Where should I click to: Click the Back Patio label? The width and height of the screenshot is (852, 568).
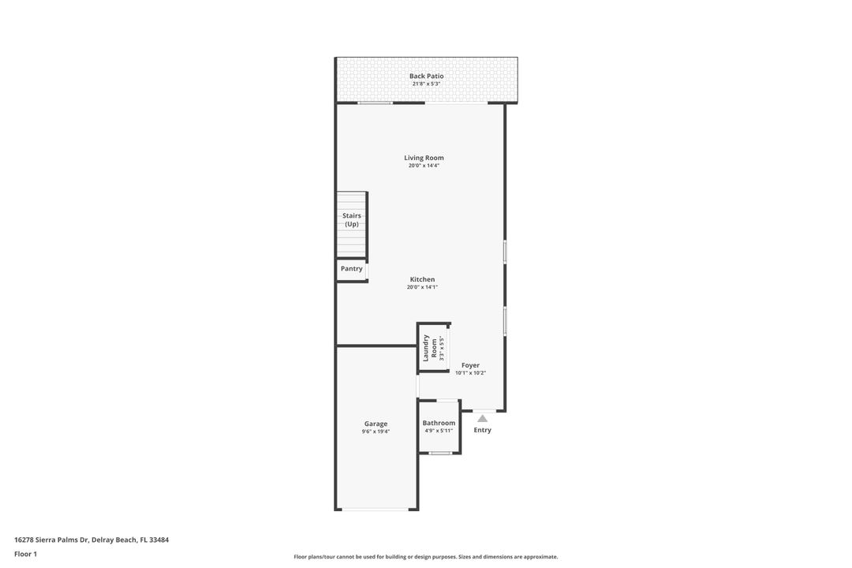click(426, 76)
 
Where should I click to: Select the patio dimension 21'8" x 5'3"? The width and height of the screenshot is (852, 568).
click(426, 84)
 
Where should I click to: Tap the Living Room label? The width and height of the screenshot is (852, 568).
click(424, 158)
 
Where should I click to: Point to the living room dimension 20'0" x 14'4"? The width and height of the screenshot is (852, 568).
click(424, 166)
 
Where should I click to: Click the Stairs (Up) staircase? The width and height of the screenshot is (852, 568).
click(351, 224)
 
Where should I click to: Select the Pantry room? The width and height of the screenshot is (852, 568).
click(351, 269)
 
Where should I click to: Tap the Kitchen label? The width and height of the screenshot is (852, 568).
click(422, 279)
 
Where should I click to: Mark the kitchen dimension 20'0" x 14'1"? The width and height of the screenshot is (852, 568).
click(422, 287)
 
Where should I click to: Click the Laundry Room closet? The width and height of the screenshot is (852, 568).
click(433, 347)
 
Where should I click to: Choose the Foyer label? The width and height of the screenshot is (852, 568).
click(470, 365)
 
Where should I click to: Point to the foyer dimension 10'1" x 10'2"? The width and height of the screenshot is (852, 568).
click(470, 373)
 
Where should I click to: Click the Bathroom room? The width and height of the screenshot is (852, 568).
click(439, 423)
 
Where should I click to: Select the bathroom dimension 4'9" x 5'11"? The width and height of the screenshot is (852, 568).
click(439, 431)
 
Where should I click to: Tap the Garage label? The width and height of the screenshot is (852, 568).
click(376, 424)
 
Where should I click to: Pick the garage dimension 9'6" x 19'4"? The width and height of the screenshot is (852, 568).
click(376, 432)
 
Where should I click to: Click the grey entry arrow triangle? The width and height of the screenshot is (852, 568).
click(482, 418)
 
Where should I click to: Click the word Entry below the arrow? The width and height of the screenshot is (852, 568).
click(482, 430)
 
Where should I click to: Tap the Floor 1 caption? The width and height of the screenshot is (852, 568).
click(25, 554)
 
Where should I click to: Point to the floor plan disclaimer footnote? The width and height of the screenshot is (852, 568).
click(426, 557)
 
